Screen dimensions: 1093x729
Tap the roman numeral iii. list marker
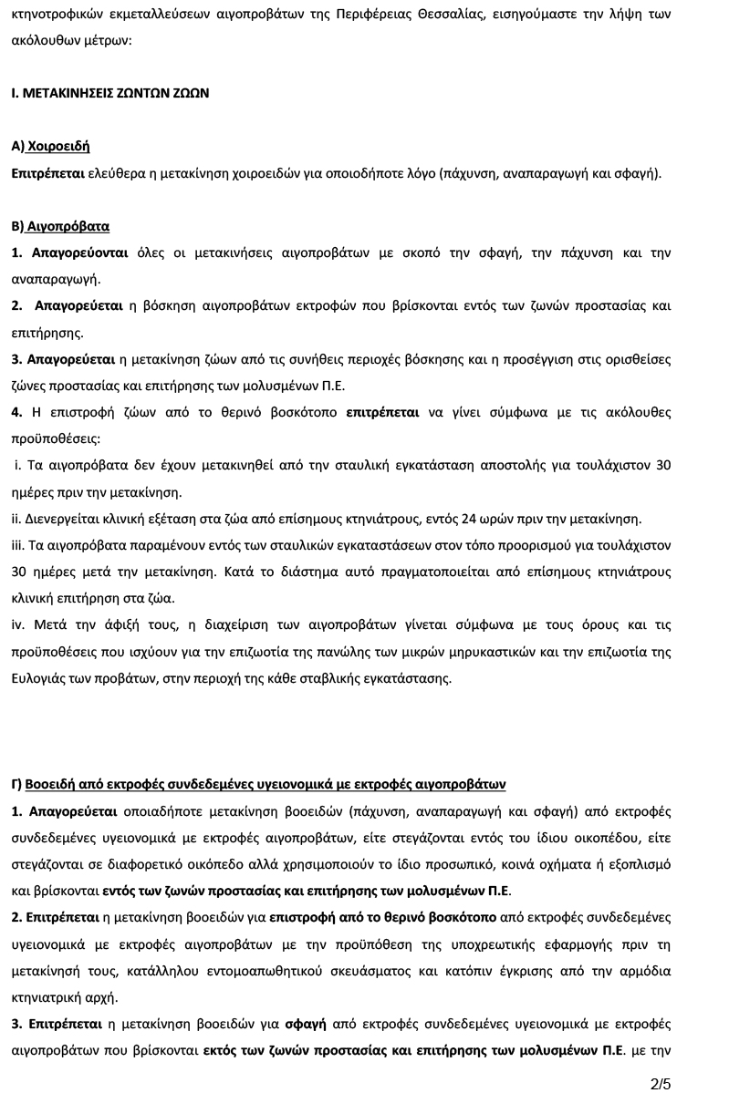pos(20,545)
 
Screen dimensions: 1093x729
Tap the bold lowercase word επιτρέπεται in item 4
pos(383,412)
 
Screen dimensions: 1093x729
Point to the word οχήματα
pos(527,863)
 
